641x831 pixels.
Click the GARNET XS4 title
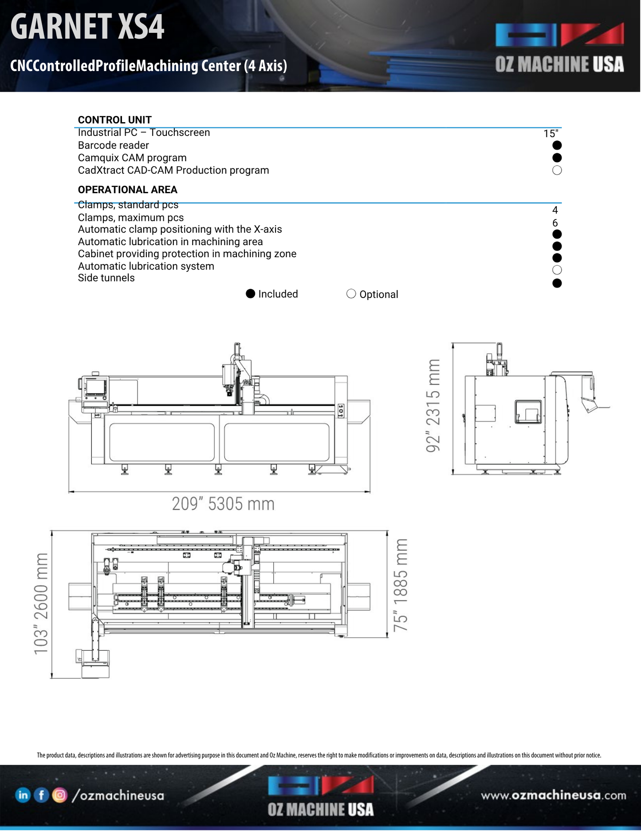87,27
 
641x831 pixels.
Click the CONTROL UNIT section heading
114,120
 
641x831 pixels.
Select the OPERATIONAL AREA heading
127,190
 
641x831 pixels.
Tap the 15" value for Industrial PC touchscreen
551,134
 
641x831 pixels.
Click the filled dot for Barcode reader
557,145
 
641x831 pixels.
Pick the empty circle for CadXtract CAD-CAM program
557,171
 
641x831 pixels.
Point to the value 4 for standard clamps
555,210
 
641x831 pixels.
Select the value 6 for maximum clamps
555,223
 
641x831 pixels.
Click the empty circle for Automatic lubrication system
557,270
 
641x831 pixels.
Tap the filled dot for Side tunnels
557,283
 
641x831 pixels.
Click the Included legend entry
272,294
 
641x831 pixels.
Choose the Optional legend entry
373,294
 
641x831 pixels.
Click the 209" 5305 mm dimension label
223,504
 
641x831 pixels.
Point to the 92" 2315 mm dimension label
433,406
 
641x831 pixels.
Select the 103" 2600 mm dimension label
41,604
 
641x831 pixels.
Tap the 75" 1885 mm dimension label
400,585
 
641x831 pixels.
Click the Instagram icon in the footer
59,795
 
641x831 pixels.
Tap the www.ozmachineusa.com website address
553,795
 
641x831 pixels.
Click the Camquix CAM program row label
132,158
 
